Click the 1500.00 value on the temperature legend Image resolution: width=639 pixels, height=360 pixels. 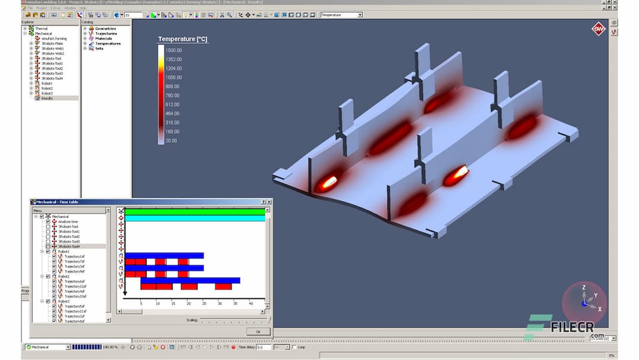coord(174,50)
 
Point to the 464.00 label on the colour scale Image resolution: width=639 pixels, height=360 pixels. coord(173,113)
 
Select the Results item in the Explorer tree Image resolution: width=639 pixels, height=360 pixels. coord(47,98)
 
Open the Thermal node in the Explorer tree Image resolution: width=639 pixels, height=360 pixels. coord(41,28)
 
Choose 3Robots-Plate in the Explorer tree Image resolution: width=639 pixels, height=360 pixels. coord(51,44)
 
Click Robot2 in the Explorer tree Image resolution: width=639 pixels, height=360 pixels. coord(47,88)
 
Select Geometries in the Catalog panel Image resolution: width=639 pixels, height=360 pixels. coord(105,28)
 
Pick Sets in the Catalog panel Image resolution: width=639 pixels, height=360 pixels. coord(99,49)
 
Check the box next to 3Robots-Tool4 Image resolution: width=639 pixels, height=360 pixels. coord(48,246)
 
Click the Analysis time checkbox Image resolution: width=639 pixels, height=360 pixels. coord(48,221)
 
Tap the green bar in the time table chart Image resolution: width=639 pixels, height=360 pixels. coord(195,211)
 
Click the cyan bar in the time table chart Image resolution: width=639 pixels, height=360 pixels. coord(195,218)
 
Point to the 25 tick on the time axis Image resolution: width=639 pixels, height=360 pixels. coord(204,303)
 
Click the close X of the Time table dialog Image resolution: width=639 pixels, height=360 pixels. coord(269,202)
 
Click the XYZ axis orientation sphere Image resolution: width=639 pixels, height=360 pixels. coord(585,302)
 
